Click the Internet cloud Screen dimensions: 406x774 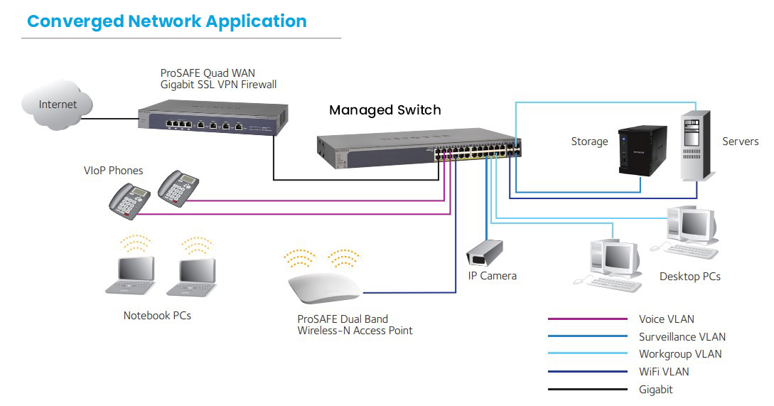point(57,105)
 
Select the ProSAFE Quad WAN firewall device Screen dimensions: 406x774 point(212,119)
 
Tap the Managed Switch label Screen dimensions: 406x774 point(385,110)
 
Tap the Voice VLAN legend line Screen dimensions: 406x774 point(587,319)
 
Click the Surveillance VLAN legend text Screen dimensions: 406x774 point(682,337)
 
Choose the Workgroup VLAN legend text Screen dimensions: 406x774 point(680,354)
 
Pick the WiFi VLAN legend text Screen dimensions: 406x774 point(664,372)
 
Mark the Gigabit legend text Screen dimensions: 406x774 point(655,389)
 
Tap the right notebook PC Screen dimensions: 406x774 point(192,277)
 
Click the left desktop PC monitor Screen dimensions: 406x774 point(618,256)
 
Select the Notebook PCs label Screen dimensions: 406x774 point(157,316)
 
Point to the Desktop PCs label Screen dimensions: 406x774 point(689,277)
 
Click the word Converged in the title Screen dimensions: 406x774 point(75,21)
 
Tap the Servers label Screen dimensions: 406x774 point(740,141)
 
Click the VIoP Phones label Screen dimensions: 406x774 point(113,171)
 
